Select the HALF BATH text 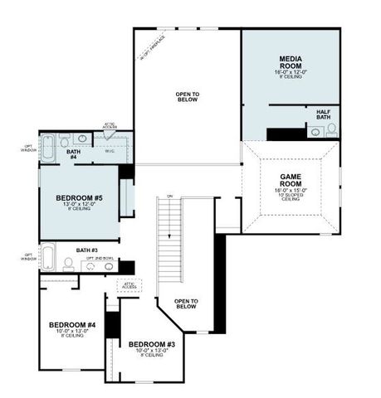324,114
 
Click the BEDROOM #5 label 80,198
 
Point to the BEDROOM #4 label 72,324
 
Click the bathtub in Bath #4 48,148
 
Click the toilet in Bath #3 67,264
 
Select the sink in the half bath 315,130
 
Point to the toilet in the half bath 332,129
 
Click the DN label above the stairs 169,197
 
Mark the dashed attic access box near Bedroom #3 130,285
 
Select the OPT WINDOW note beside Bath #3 29,257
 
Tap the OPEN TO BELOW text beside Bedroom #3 186,303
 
